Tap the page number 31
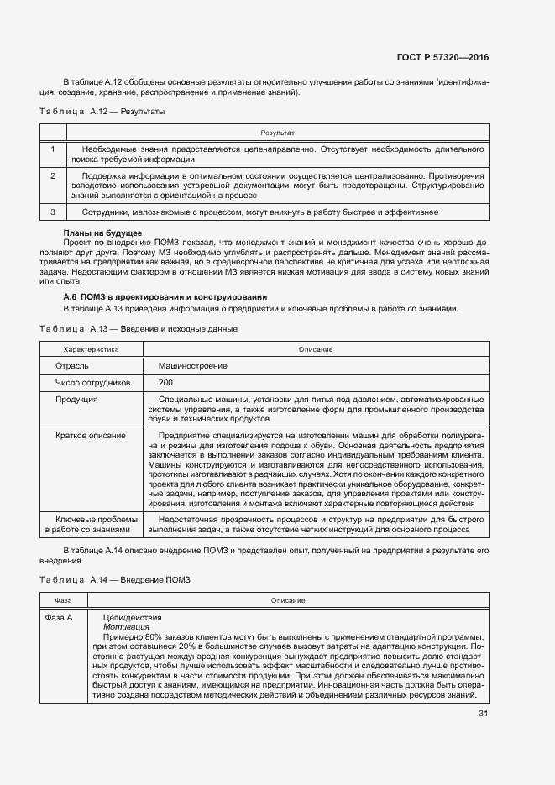(483, 714)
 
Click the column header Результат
(276, 133)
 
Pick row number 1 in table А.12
(53, 149)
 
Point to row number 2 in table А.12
(53, 176)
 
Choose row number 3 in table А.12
(53, 212)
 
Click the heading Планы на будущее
(102, 232)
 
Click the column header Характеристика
(92, 349)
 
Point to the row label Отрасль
(72, 366)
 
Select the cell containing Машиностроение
(192, 366)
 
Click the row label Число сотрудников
(92, 382)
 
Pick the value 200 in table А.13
(165, 382)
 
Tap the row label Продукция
(77, 399)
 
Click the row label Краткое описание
(91, 435)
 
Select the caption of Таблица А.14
(116, 579)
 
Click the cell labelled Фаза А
(59, 617)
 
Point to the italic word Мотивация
(126, 626)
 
